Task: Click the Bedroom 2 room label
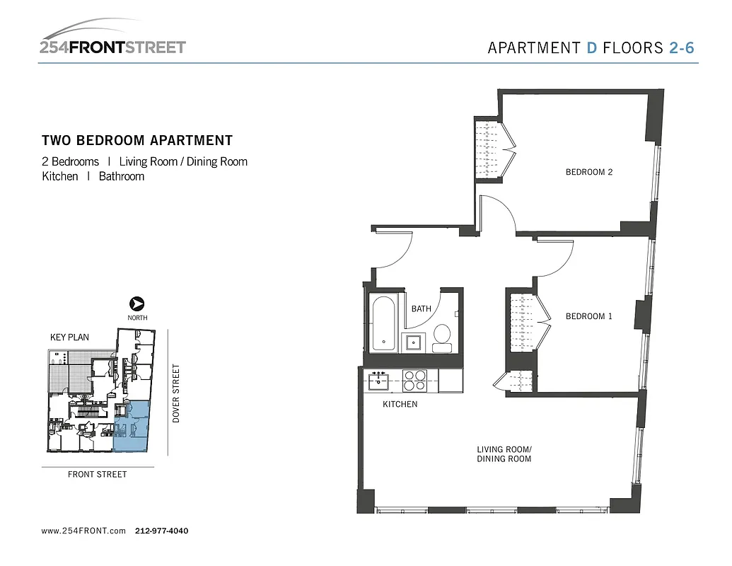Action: click(x=588, y=172)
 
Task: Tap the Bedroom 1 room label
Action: click(x=588, y=316)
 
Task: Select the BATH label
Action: click(x=421, y=309)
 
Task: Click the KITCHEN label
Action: click(x=400, y=404)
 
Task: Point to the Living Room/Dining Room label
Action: click(x=504, y=454)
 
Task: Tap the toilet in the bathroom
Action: click(x=442, y=337)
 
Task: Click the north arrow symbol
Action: click(x=138, y=303)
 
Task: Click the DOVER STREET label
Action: click(x=177, y=393)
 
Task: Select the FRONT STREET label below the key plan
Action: click(x=98, y=475)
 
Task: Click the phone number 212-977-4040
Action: click(x=161, y=531)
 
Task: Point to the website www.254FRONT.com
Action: click(x=83, y=531)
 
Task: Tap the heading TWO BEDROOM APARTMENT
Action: click(x=137, y=141)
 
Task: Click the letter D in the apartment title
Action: click(x=592, y=48)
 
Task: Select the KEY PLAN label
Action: click(x=69, y=337)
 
